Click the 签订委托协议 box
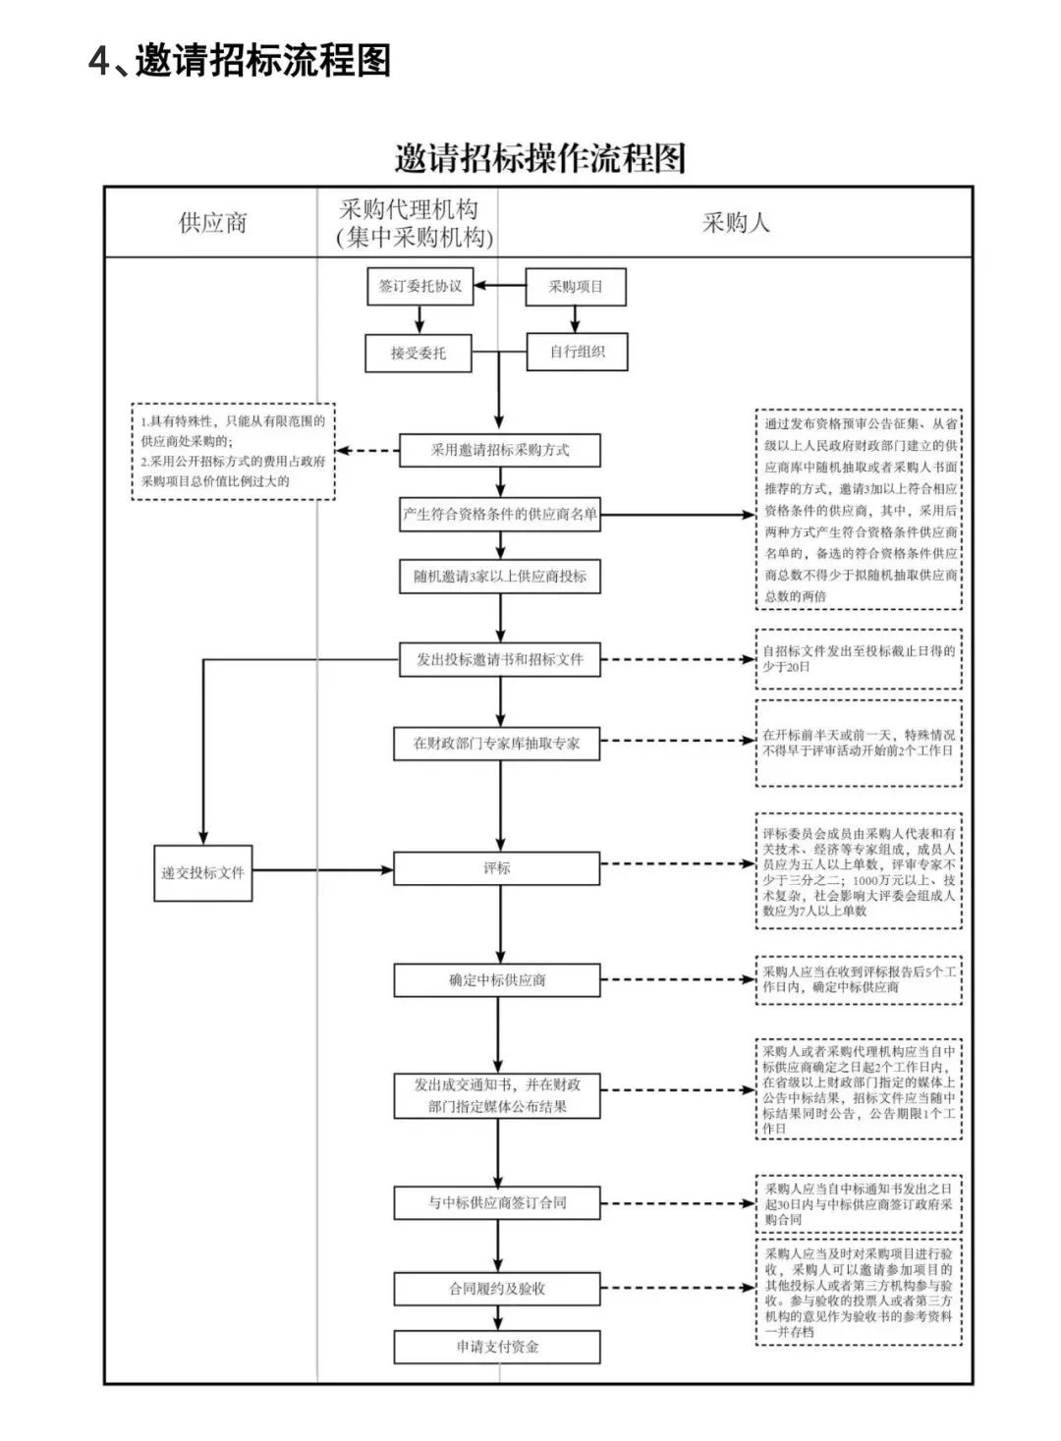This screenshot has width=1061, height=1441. tap(419, 287)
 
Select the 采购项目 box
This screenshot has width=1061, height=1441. tap(575, 287)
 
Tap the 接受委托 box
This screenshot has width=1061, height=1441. tap(418, 353)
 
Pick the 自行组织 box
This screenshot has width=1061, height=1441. tap(577, 352)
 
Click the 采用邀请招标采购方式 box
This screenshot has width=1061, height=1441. tap(499, 450)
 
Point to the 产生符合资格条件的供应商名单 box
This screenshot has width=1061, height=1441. tap(499, 514)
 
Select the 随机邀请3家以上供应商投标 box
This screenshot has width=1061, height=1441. tap(499, 577)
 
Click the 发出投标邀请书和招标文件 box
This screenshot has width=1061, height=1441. tap(499, 659)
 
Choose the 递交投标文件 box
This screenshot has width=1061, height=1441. tap(203, 872)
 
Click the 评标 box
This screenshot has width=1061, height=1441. tap(497, 868)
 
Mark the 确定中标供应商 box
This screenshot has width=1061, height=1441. tap(497, 980)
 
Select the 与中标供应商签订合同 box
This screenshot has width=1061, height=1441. tap(497, 1202)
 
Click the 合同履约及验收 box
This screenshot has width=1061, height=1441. tap(497, 1288)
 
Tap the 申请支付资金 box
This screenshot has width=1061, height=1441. tap(497, 1347)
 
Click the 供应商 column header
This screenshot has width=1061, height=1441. tap(212, 223)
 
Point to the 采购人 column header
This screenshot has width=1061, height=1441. tap(735, 223)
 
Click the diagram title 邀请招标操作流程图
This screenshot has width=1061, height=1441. tap(539, 158)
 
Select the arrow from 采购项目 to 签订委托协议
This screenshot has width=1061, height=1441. tap(500, 287)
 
